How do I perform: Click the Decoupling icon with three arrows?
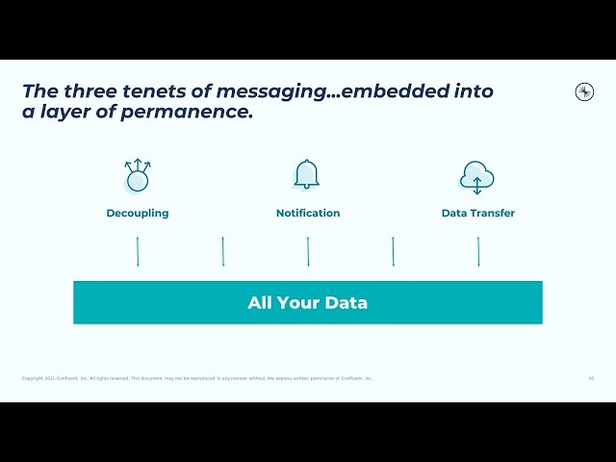pyautogui.click(x=138, y=176)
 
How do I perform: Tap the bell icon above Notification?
pyautogui.click(x=307, y=175)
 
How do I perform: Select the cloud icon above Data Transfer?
pyautogui.click(x=477, y=177)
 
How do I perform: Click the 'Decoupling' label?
pyautogui.click(x=138, y=214)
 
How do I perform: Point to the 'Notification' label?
pyautogui.click(x=308, y=214)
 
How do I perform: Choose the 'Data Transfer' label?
pyautogui.click(x=478, y=214)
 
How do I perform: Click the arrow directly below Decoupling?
pyautogui.click(x=138, y=251)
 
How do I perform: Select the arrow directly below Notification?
pyautogui.click(x=308, y=251)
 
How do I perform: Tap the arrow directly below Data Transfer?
pyautogui.click(x=478, y=251)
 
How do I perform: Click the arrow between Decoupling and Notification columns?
pyautogui.click(x=223, y=251)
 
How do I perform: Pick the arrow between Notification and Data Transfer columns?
pyautogui.click(x=393, y=251)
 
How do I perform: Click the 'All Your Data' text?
pyautogui.click(x=308, y=303)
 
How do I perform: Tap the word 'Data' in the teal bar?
pyautogui.click(x=346, y=303)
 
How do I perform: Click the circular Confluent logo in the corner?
pyautogui.click(x=584, y=91)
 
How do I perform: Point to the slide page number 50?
pyautogui.click(x=591, y=378)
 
